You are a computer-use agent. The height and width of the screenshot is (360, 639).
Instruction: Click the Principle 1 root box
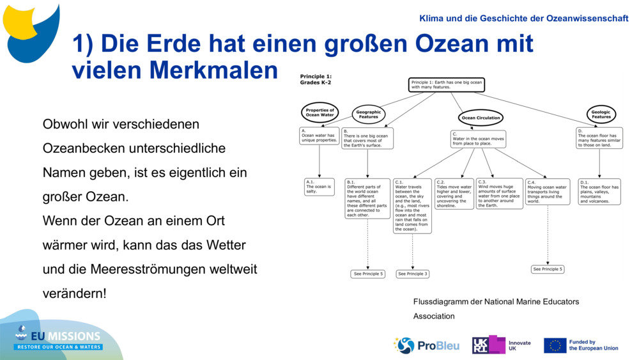[446, 84]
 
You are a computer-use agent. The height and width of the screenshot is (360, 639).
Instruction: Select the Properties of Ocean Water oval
[319, 113]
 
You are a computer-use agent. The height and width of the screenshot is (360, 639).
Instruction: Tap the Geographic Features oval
[368, 114]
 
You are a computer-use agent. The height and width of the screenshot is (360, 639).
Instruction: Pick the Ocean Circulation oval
[481, 118]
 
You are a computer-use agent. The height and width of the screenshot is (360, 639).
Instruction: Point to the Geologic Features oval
[601, 114]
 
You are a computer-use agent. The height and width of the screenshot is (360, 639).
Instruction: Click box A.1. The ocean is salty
[319, 187]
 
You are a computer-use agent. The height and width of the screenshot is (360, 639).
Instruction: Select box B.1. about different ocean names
[367, 198]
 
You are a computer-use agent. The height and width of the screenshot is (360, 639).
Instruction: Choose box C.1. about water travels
[412, 205]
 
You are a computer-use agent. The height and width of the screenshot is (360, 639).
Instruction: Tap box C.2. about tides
[454, 194]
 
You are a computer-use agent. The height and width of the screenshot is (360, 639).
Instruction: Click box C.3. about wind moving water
[499, 194]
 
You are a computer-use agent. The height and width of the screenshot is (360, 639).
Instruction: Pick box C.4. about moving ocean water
[548, 192]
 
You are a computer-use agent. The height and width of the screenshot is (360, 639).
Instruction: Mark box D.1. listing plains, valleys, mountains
[599, 191]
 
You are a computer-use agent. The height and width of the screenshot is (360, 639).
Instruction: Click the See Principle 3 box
[413, 274]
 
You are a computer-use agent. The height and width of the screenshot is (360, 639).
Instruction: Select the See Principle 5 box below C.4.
[548, 269]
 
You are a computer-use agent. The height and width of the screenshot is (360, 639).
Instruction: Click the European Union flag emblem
[555, 345]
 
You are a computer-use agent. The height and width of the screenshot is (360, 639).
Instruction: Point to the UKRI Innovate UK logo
[502, 345]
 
